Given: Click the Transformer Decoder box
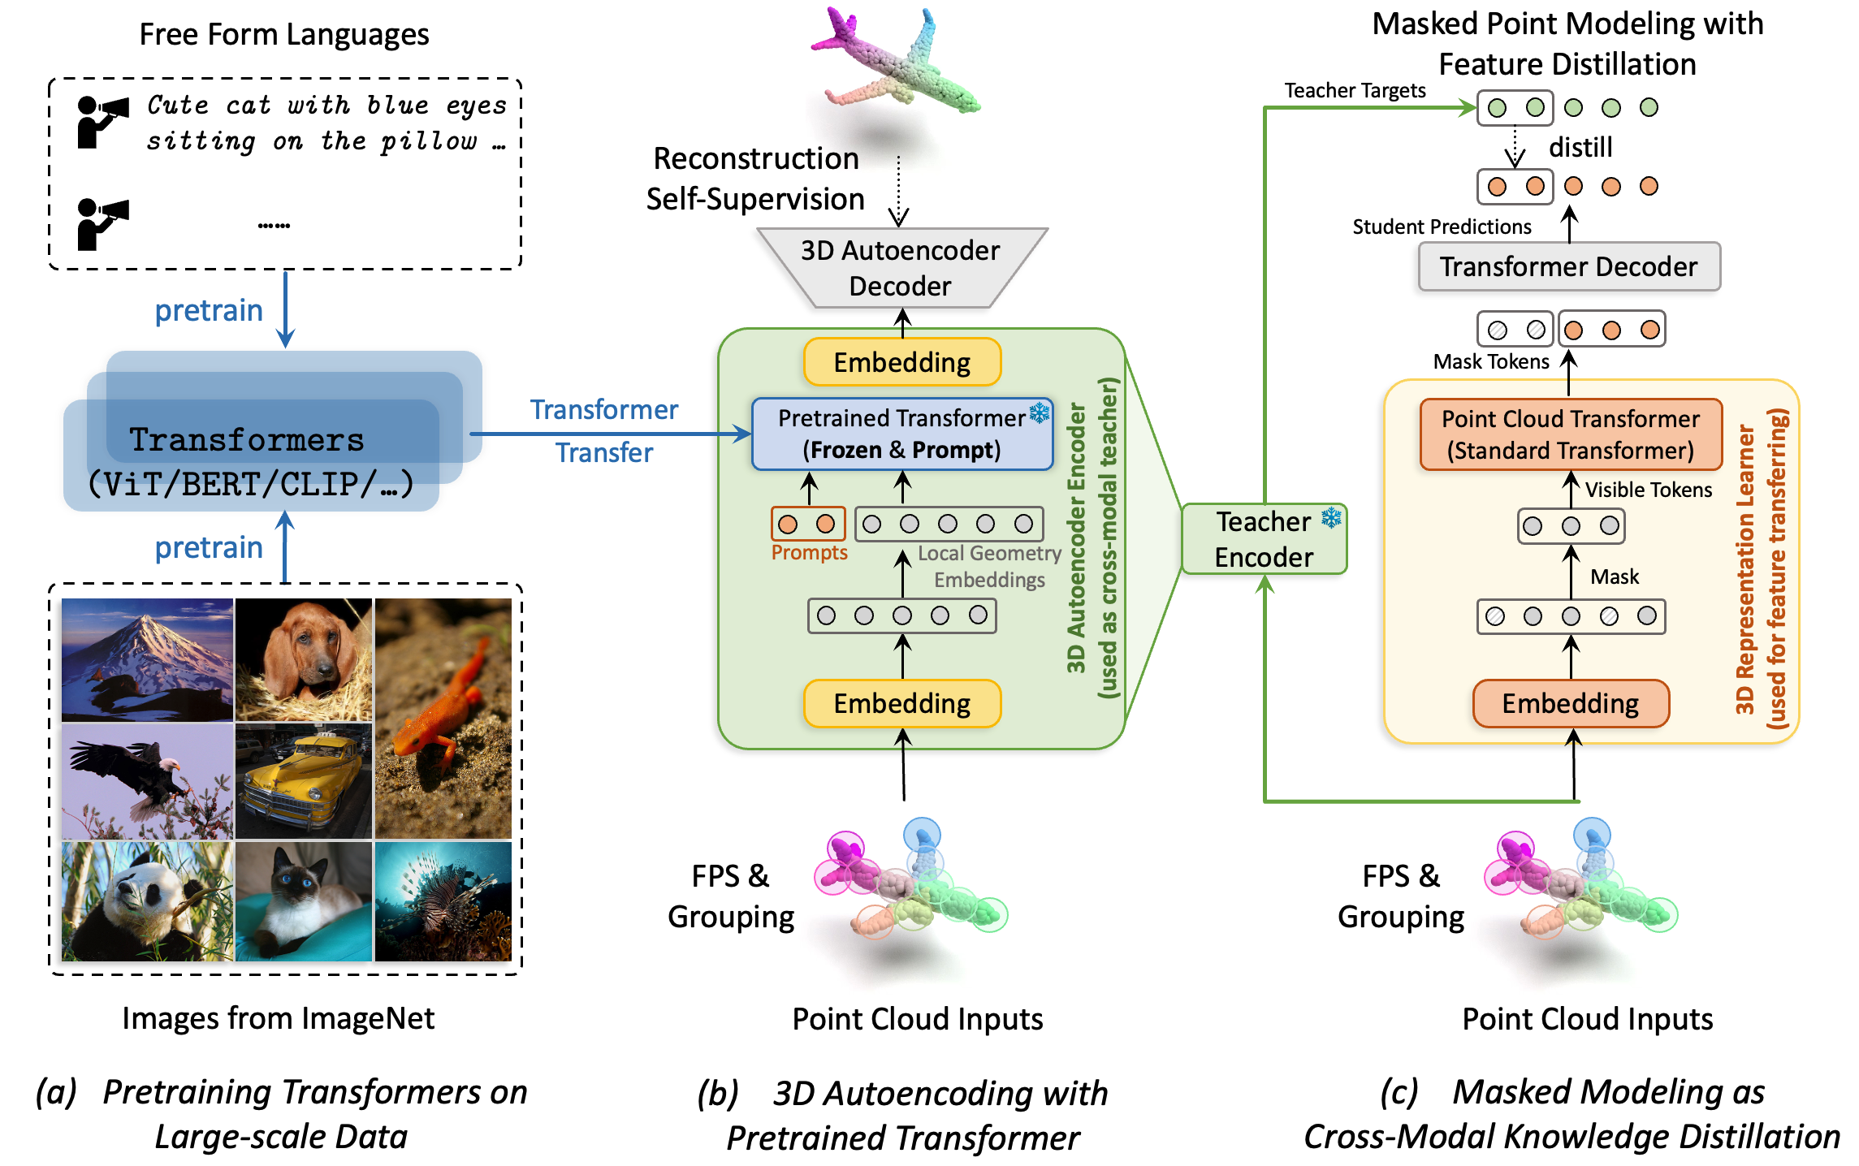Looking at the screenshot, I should tap(1568, 266).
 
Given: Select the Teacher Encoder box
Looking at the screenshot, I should tap(1263, 539).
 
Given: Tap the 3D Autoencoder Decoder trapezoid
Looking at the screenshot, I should tap(901, 268).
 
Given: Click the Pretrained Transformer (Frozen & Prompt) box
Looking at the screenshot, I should tap(901, 434).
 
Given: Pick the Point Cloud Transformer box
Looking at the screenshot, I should tap(1570, 434).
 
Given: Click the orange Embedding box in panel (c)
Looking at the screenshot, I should tap(1570, 703).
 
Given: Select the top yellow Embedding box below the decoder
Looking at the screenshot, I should tap(901, 362).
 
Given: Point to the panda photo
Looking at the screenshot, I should tap(147, 901).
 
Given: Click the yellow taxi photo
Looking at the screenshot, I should tap(303, 780).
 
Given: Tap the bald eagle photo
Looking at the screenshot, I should tap(147, 780).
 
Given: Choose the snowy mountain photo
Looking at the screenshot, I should tap(147, 659).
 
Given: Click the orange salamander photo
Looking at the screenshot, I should tap(443, 719).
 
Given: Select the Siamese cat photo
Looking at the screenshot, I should tap(303, 901).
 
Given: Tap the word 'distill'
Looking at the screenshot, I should tap(1580, 147).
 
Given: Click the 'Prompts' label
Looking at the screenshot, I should tap(809, 553).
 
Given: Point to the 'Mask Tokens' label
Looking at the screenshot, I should tap(1490, 361).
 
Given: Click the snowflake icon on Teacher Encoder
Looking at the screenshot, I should tap(1331, 518).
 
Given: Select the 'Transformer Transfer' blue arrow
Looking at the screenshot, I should tap(609, 434).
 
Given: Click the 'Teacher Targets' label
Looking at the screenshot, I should tap(1354, 90).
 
